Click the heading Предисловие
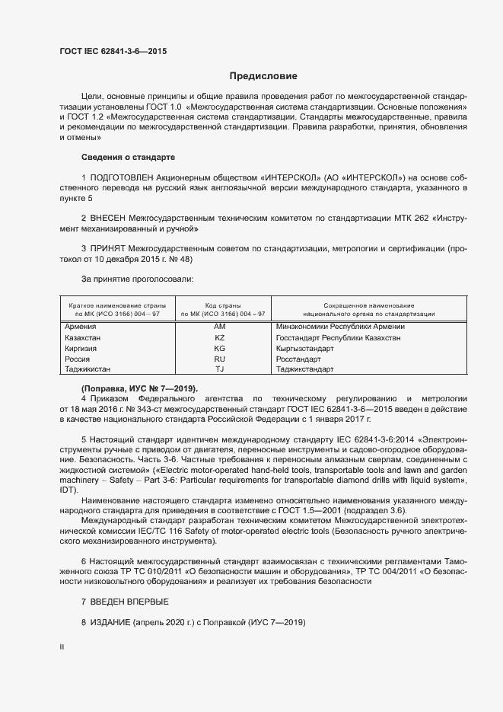point(263,76)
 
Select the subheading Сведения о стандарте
point(128,157)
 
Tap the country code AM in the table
point(221,327)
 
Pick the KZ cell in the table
point(221,337)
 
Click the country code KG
point(221,348)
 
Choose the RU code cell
point(221,359)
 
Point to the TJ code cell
point(221,369)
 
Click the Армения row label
point(81,327)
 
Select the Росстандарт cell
point(298,359)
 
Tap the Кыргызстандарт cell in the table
point(305,348)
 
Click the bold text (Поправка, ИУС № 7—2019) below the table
point(138,388)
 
